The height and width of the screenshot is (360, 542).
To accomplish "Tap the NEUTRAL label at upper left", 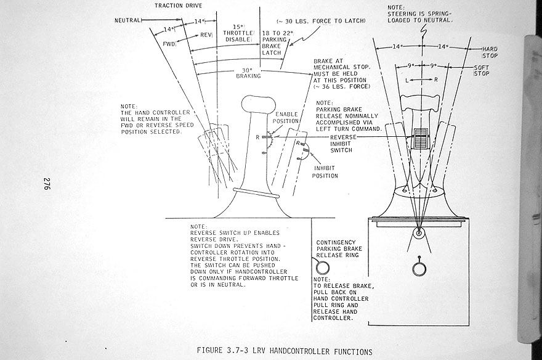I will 128,20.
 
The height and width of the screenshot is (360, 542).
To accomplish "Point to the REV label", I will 206,35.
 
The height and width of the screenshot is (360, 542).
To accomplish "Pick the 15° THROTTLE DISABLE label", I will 237,33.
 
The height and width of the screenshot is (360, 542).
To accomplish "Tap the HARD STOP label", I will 490,52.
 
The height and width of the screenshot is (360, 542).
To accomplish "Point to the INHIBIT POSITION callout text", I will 326,171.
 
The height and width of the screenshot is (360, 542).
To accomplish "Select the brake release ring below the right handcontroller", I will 419,268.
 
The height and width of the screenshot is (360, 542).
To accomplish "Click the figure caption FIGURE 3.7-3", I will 284,351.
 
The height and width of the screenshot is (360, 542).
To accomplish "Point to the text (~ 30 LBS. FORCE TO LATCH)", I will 322,20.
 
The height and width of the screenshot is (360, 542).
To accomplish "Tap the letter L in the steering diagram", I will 408,80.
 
